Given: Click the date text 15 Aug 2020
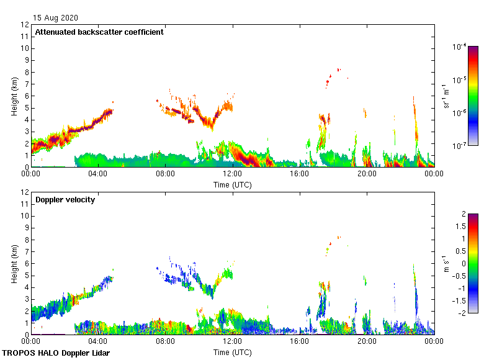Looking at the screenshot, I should pyautogui.click(x=56, y=18).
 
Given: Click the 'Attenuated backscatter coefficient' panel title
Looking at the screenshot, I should pyautogui.click(x=99, y=32).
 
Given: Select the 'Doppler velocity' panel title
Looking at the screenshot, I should pyautogui.click(x=65, y=200).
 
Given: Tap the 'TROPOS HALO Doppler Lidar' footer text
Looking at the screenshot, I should pyautogui.click(x=50, y=353).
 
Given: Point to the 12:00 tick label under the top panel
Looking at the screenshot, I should pyautogui.click(x=232, y=174).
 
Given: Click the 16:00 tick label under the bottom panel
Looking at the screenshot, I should pyautogui.click(x=299, y=341).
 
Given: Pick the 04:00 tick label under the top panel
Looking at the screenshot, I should pyautogui.click(x=98, y=174).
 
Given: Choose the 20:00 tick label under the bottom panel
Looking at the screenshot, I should pyautogui.click(x=367, y=341).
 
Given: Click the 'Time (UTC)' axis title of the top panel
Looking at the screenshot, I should pyautogui.click(x=232, y=184).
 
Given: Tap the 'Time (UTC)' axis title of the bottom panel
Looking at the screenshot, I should pyautogui.click(x=232, y=352).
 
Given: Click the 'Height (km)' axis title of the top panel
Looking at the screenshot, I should pyautogui.click(x=14, y=96).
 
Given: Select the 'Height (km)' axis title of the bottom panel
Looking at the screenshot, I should pyautogui.click(x=14, y=264).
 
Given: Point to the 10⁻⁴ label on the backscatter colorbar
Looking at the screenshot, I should pyautogui.click(x=460, y=47).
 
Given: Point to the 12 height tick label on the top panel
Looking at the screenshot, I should pyautogui.click(x=25, y=25).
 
